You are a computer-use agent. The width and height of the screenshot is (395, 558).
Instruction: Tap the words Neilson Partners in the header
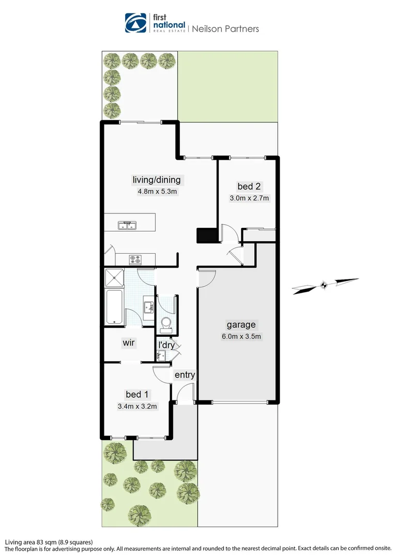click(x=225, y=29)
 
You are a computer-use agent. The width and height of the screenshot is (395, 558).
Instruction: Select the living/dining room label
click(x=157, y=180)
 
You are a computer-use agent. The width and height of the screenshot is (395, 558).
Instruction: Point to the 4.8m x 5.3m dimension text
click(x=157, y=192)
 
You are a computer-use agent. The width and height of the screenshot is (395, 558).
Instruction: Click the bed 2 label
click(x=246, y=187)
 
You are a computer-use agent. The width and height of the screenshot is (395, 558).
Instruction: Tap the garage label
click(x=241, y=325)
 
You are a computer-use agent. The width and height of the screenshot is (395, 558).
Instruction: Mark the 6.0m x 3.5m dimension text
click(x=241, y=337)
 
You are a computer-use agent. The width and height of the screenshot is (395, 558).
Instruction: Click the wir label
click(x=129, y=343)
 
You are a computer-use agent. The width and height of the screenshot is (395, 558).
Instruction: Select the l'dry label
click(x=166, y=345)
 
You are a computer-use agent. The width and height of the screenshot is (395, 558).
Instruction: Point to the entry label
click(x=185, y=375)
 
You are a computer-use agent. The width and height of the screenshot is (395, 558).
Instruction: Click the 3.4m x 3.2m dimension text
click(x=137, y=406)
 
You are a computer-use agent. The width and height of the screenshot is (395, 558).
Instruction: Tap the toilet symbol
click(x=166, y=323)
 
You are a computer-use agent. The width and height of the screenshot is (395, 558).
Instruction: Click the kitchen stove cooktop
click(x=135, y=259)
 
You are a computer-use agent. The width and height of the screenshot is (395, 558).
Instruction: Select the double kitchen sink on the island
click(x=127, y=225)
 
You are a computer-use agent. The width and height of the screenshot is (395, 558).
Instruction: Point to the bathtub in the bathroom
click(x=114, y=308)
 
